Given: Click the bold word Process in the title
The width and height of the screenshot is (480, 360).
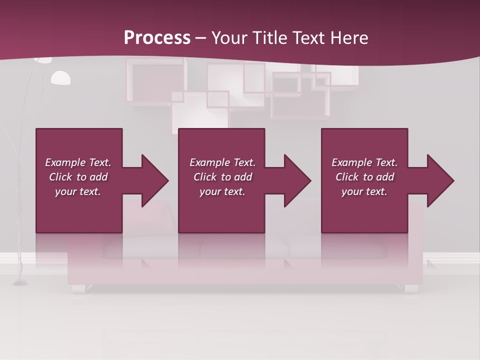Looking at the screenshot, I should pyautogui.click(x=157, y=37).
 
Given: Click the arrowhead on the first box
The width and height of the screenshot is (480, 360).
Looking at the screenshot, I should pyautogui.click(x=149, y=180).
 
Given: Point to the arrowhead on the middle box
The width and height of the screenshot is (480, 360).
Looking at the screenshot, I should pyautogui.click(x=291, y=180).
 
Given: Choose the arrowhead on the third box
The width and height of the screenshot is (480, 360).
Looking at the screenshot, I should pyautogui.click(x=434, y=180).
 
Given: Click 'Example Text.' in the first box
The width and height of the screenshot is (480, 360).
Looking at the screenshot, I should pyautogui.click(x=78, y=162).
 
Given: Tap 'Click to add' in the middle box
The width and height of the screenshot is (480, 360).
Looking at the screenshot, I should pyautogui.click(x=222, y=177).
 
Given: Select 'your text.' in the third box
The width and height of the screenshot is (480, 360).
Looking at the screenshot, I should pyautogui.click(x=364, y=191).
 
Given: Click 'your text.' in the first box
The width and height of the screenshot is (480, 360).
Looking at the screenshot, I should pyautogui.click(x=78, y=191).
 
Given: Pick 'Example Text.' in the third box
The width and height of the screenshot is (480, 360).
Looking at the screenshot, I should pyautogui.click(x=364, y=162).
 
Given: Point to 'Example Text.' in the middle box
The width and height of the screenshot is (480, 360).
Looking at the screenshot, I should pyautogui.click(x=222, y=162).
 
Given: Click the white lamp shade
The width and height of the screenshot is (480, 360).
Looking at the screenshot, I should pyautogui.click(x=60, y=78).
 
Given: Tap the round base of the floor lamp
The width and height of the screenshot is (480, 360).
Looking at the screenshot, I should pyautogui.click(x=20, y=283).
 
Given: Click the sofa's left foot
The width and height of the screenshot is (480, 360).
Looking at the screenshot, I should pyautogui.click(x=79, y=288).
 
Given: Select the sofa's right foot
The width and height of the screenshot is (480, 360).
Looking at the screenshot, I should pyautogui.click(x=411, y=288).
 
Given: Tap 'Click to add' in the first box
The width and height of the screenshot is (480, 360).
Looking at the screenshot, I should pyautogui.click(x=78, y=177).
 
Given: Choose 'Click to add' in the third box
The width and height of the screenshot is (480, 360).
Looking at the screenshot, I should pyautogui.click(x=364, y=177).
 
